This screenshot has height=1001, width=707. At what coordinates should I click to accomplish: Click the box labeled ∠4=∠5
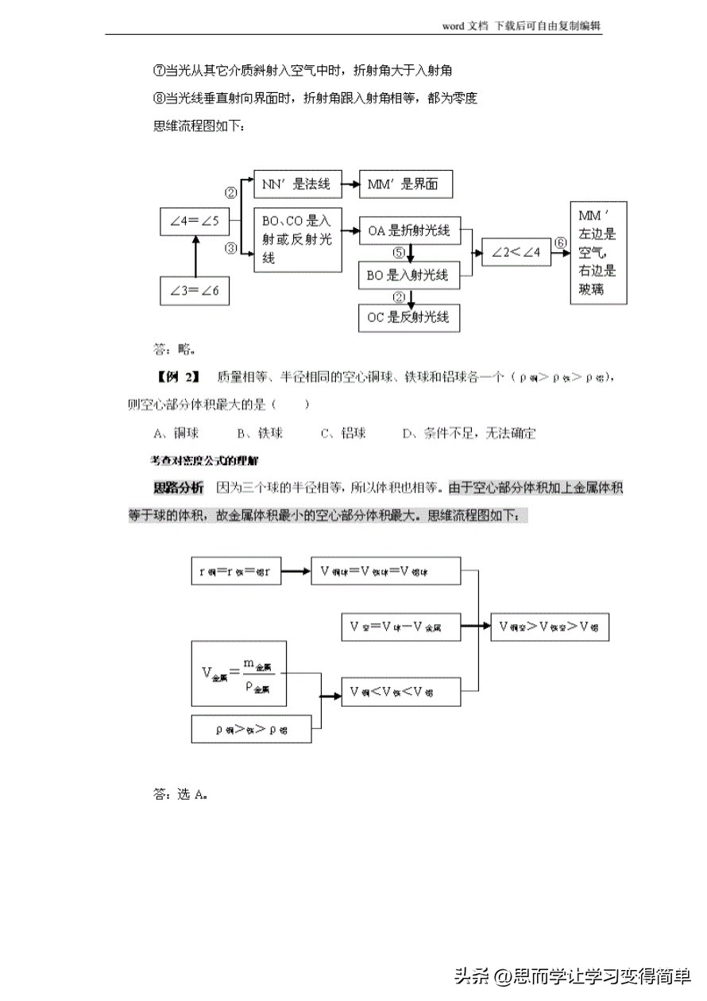tap(195, 222)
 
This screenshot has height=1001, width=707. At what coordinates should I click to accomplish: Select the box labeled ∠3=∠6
tap(195, 290)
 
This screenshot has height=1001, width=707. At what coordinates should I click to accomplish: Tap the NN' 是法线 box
tap(292, 184)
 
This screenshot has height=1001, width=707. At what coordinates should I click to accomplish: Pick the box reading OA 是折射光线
tap(409, 231)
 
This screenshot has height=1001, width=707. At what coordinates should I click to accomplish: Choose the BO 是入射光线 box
tap(409, 275)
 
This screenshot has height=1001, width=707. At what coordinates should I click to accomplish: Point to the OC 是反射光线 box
tap(409, 317)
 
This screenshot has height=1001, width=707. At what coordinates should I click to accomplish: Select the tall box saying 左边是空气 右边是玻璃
tap(598, 253)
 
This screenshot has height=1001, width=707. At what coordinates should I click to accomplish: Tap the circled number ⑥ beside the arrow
tap(560, 242)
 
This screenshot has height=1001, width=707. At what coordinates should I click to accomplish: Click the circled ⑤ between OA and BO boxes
tap(400, 252)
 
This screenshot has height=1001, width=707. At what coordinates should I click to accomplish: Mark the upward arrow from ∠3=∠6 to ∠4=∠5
tap(195, 256)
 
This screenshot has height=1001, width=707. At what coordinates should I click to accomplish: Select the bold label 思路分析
tap(178, 487)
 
